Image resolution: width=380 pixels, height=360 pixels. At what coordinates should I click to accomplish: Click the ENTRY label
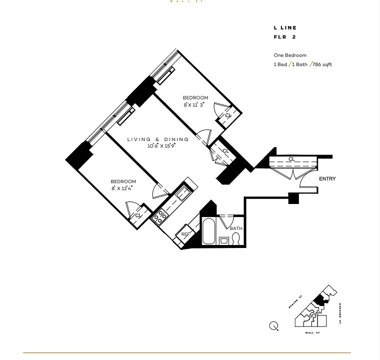pos(327,179)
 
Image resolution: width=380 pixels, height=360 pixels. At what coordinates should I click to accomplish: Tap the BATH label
pos(236,228)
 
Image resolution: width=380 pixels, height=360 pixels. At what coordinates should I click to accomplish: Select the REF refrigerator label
pos(185,233)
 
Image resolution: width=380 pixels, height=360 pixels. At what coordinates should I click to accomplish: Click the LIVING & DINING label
pos(158,139)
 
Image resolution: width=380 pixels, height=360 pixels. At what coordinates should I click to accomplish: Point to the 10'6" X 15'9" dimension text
pos(161,146)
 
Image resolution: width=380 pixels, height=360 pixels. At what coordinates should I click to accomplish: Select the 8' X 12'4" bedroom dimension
pos(123,188)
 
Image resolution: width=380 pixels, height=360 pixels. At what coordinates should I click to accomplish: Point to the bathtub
pos(209,231)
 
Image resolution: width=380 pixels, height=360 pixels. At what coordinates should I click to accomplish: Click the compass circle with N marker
pos(274,326)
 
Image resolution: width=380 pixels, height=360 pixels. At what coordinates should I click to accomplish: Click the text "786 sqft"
pos(322,64)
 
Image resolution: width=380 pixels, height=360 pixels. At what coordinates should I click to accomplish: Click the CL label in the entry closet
pos(291,159)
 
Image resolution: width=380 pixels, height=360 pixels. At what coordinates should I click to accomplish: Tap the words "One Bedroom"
pos(290,55)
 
